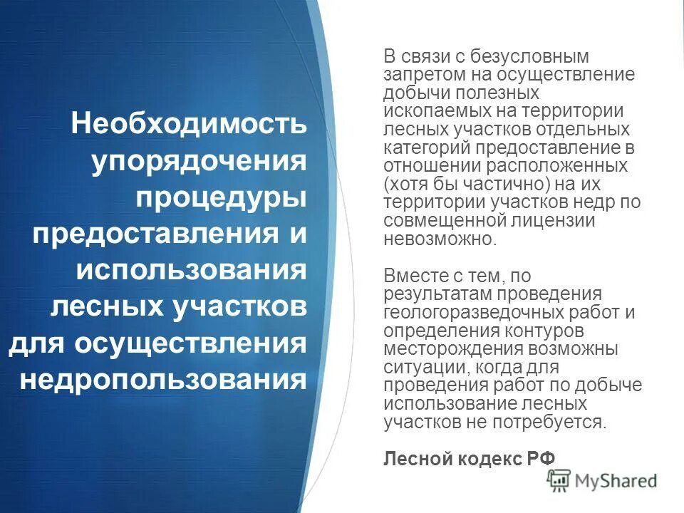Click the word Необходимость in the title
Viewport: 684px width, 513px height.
point(190,124)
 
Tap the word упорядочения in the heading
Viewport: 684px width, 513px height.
point(200,162)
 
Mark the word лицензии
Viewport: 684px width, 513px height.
point(556,221)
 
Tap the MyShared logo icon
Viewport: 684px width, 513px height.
point(561,481)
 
